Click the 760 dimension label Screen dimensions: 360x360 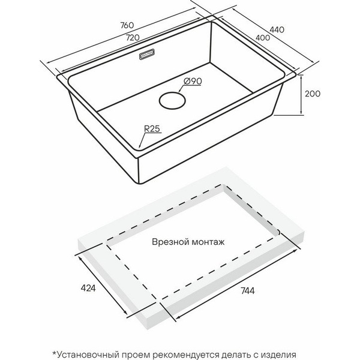click(127, 25)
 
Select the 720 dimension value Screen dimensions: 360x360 click(133, 37)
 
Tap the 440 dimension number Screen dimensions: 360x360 click(277, 30)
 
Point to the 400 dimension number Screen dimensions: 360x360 click(263, 38)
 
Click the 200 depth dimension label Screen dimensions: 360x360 click(313, 94)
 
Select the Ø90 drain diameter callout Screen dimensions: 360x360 click(193, 81)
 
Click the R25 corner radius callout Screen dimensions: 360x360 click(152, 129)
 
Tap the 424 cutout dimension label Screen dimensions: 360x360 click(88, 288)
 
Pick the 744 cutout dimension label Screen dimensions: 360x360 click(248, 291)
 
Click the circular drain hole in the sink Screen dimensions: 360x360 click(172, 100)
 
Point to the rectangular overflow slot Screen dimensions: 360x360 click(147, 55)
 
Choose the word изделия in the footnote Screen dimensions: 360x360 click(279, 355)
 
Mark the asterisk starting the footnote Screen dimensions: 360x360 click(55, 353)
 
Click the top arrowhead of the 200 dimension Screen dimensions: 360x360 click(301, 77)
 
